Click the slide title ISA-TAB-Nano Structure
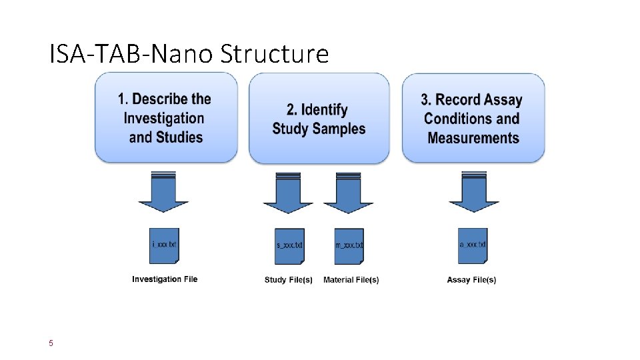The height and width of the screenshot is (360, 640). point(189,53)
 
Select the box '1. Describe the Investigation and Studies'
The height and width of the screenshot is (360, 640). point(166,118)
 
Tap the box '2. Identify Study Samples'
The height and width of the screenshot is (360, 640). point(319,118)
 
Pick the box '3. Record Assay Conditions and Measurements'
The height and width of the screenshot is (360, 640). point(473,118)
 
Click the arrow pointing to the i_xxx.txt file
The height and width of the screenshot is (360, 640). point(163,193)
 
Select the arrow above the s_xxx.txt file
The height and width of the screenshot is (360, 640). point(288,193)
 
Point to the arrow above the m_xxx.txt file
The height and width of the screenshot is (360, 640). point(348,193)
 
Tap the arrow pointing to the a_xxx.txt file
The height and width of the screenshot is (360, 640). point(473,193)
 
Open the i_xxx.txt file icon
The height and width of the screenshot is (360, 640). point(164,245)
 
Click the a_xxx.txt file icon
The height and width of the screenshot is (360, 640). point(473,245)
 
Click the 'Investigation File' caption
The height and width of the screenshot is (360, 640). point(165,279)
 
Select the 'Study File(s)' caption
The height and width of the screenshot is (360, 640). point(288,280)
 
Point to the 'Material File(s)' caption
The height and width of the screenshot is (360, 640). point(351,280)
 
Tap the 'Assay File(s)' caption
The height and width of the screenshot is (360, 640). point(471,280)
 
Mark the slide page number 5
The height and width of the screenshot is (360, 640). point(51,344)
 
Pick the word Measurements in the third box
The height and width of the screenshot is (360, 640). point(473,138)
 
